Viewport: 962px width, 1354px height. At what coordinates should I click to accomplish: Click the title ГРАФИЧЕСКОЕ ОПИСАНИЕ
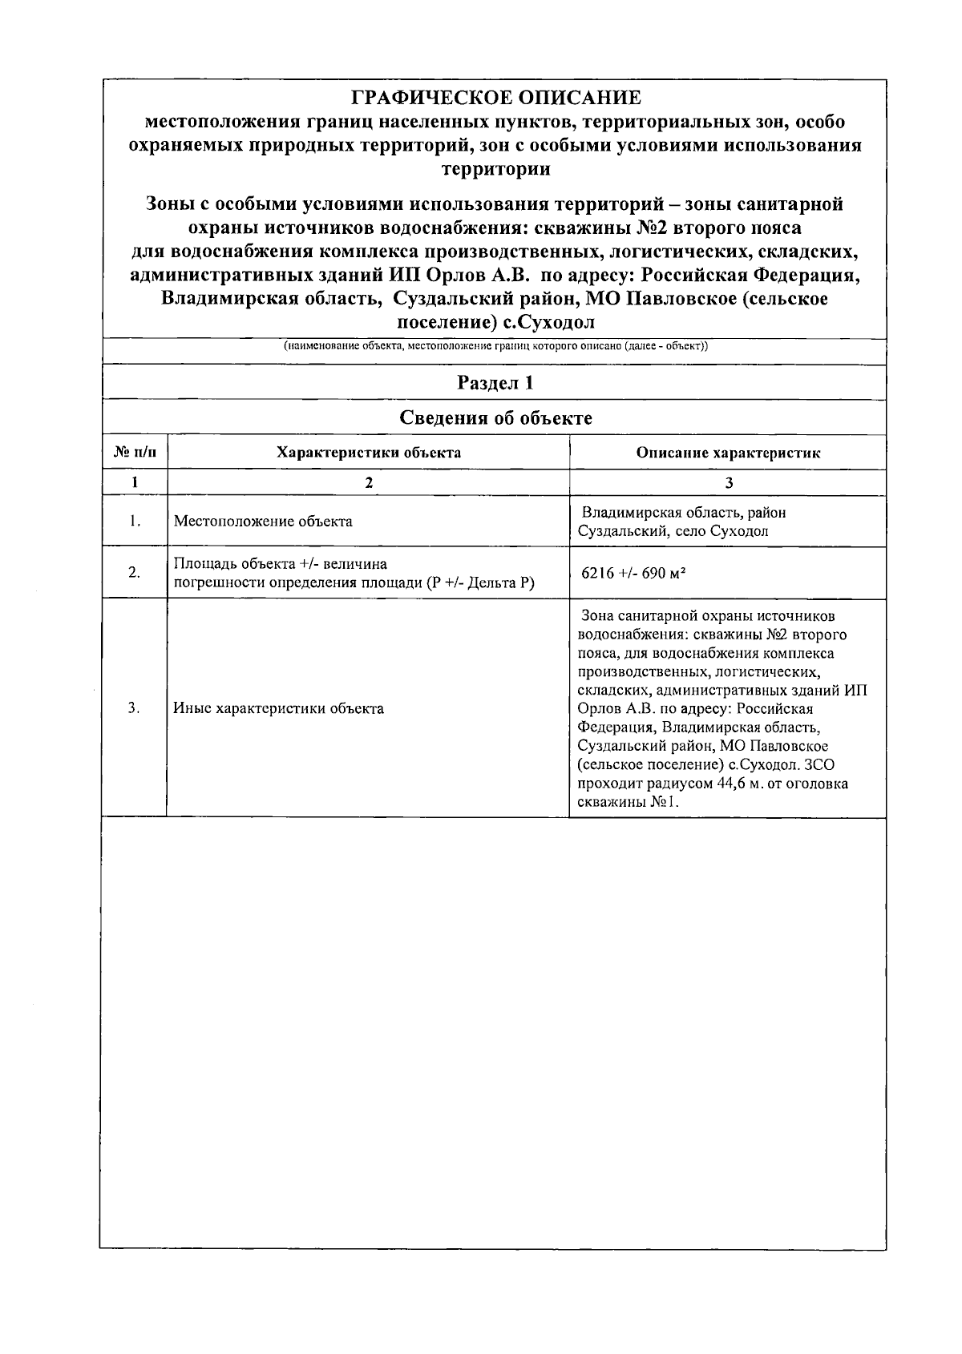[496, 99]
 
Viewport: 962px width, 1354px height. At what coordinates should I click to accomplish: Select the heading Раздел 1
[495, 383]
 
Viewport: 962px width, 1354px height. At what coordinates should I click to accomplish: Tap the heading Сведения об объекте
[495, 417]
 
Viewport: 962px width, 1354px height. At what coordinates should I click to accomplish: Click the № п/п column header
[135, 453]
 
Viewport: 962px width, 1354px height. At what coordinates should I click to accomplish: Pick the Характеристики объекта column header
[368, 453]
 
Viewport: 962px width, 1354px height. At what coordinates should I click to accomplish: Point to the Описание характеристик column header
[728, 453]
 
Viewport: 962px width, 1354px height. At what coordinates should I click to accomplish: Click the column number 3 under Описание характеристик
[728, 482]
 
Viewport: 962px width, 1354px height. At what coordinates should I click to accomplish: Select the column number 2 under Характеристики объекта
[368, 482]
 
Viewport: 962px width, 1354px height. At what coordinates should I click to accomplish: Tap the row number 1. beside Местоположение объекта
[135, 522]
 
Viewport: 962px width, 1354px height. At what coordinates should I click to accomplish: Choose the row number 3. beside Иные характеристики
[135, 708]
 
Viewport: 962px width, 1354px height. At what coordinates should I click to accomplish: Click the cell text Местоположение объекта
[263, 522]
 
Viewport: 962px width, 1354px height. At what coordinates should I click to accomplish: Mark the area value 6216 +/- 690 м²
[633, 574]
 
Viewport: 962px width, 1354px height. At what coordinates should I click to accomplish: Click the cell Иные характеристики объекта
[278, 708]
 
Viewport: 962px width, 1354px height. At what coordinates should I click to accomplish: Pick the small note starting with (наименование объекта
[495, 346]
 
